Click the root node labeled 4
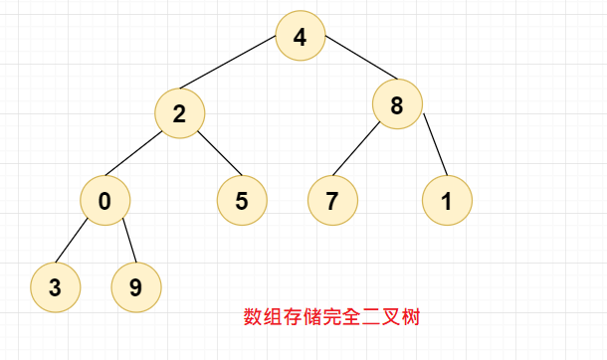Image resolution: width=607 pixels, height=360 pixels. click(302, 38)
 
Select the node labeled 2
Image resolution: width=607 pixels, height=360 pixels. click(179, 112)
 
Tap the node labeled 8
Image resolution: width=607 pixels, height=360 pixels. click(398, 105)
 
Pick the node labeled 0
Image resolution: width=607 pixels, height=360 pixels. click(105, 200)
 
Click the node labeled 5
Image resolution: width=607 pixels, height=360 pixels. click(242, 200)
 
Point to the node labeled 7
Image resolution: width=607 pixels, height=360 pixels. click(331, 200)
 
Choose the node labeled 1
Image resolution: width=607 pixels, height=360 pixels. click(446, 200)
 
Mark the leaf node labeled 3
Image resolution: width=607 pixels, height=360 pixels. click(55, 286)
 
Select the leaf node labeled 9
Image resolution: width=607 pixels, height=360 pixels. click(135, 286)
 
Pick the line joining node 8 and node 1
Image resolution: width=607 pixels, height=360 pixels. click(435, 147)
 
